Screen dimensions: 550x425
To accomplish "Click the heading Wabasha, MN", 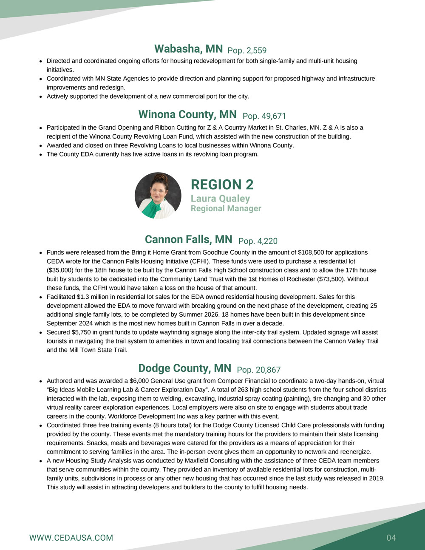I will point(188,49).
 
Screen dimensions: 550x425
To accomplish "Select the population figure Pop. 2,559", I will point(247,51).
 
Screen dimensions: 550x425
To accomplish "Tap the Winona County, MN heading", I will point(187,115).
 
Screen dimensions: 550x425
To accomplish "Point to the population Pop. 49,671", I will point(264,116).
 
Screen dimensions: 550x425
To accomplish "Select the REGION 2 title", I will point(222,184).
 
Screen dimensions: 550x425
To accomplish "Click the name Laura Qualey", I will point(220,198).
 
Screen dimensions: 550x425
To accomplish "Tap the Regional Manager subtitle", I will point(226,208).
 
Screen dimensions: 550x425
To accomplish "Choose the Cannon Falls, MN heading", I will point(188,239).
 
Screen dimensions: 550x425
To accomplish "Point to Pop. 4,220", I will point(258,241).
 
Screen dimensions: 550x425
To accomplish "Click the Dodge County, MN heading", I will point(184,368).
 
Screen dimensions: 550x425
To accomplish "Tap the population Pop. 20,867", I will point(258,370).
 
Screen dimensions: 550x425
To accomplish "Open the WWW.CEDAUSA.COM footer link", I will point(71,538).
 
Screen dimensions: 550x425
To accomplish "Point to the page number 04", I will point(391,538).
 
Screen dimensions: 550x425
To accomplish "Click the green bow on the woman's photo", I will point(152,208).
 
